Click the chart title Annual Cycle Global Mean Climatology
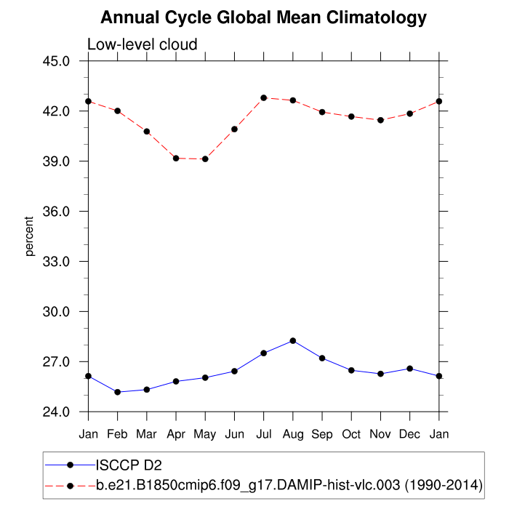click(263, 17)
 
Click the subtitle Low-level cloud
click(142, 45)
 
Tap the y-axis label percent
click(30, 236)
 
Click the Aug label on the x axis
click(293, 434)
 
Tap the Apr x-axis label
click(176, 434)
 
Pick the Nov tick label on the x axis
click(380, 434)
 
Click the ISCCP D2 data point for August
click(293, 340)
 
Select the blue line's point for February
click(118, 392)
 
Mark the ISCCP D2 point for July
click(264, 353)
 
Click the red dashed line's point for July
click(264, 97)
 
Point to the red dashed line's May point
click(205, 159)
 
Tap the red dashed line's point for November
click(380, 120)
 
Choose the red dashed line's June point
click(234, 129)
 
